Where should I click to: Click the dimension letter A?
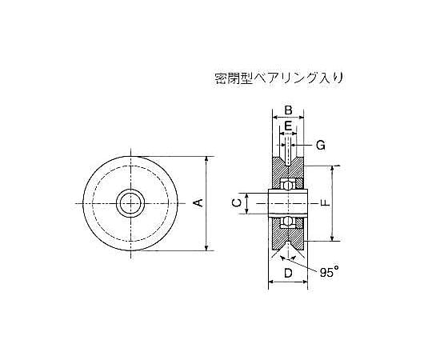click(x=198, y=203)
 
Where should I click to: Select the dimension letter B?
click(x=288, y=110)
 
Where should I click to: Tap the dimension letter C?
click(x=237, y=203)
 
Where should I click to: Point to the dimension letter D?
click(x=288, y=274)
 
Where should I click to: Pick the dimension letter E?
click(x=288, y=126)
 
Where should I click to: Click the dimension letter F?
click(x=326, y=203)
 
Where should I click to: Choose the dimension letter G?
click(x=321, y=145)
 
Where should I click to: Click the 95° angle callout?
click(x=329, y=273)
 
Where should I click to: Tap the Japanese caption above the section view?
click(x=279, y=78)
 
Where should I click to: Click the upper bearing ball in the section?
click(x=288, y=185)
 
